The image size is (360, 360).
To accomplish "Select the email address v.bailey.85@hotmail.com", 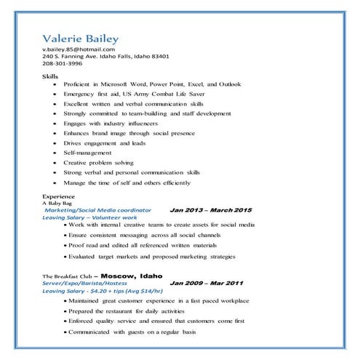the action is [x=84, y=49].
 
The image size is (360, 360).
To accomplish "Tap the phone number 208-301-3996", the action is [x=63, y=63].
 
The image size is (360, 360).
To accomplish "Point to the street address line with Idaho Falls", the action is [x=105, y=56].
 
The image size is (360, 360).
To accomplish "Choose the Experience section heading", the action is [x=58, y=196].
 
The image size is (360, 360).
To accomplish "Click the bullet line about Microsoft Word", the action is [x=152, y=84].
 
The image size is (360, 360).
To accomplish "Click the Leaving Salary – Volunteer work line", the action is [x=90, y=217].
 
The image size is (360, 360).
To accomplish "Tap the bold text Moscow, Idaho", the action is [x=132, y=276].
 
